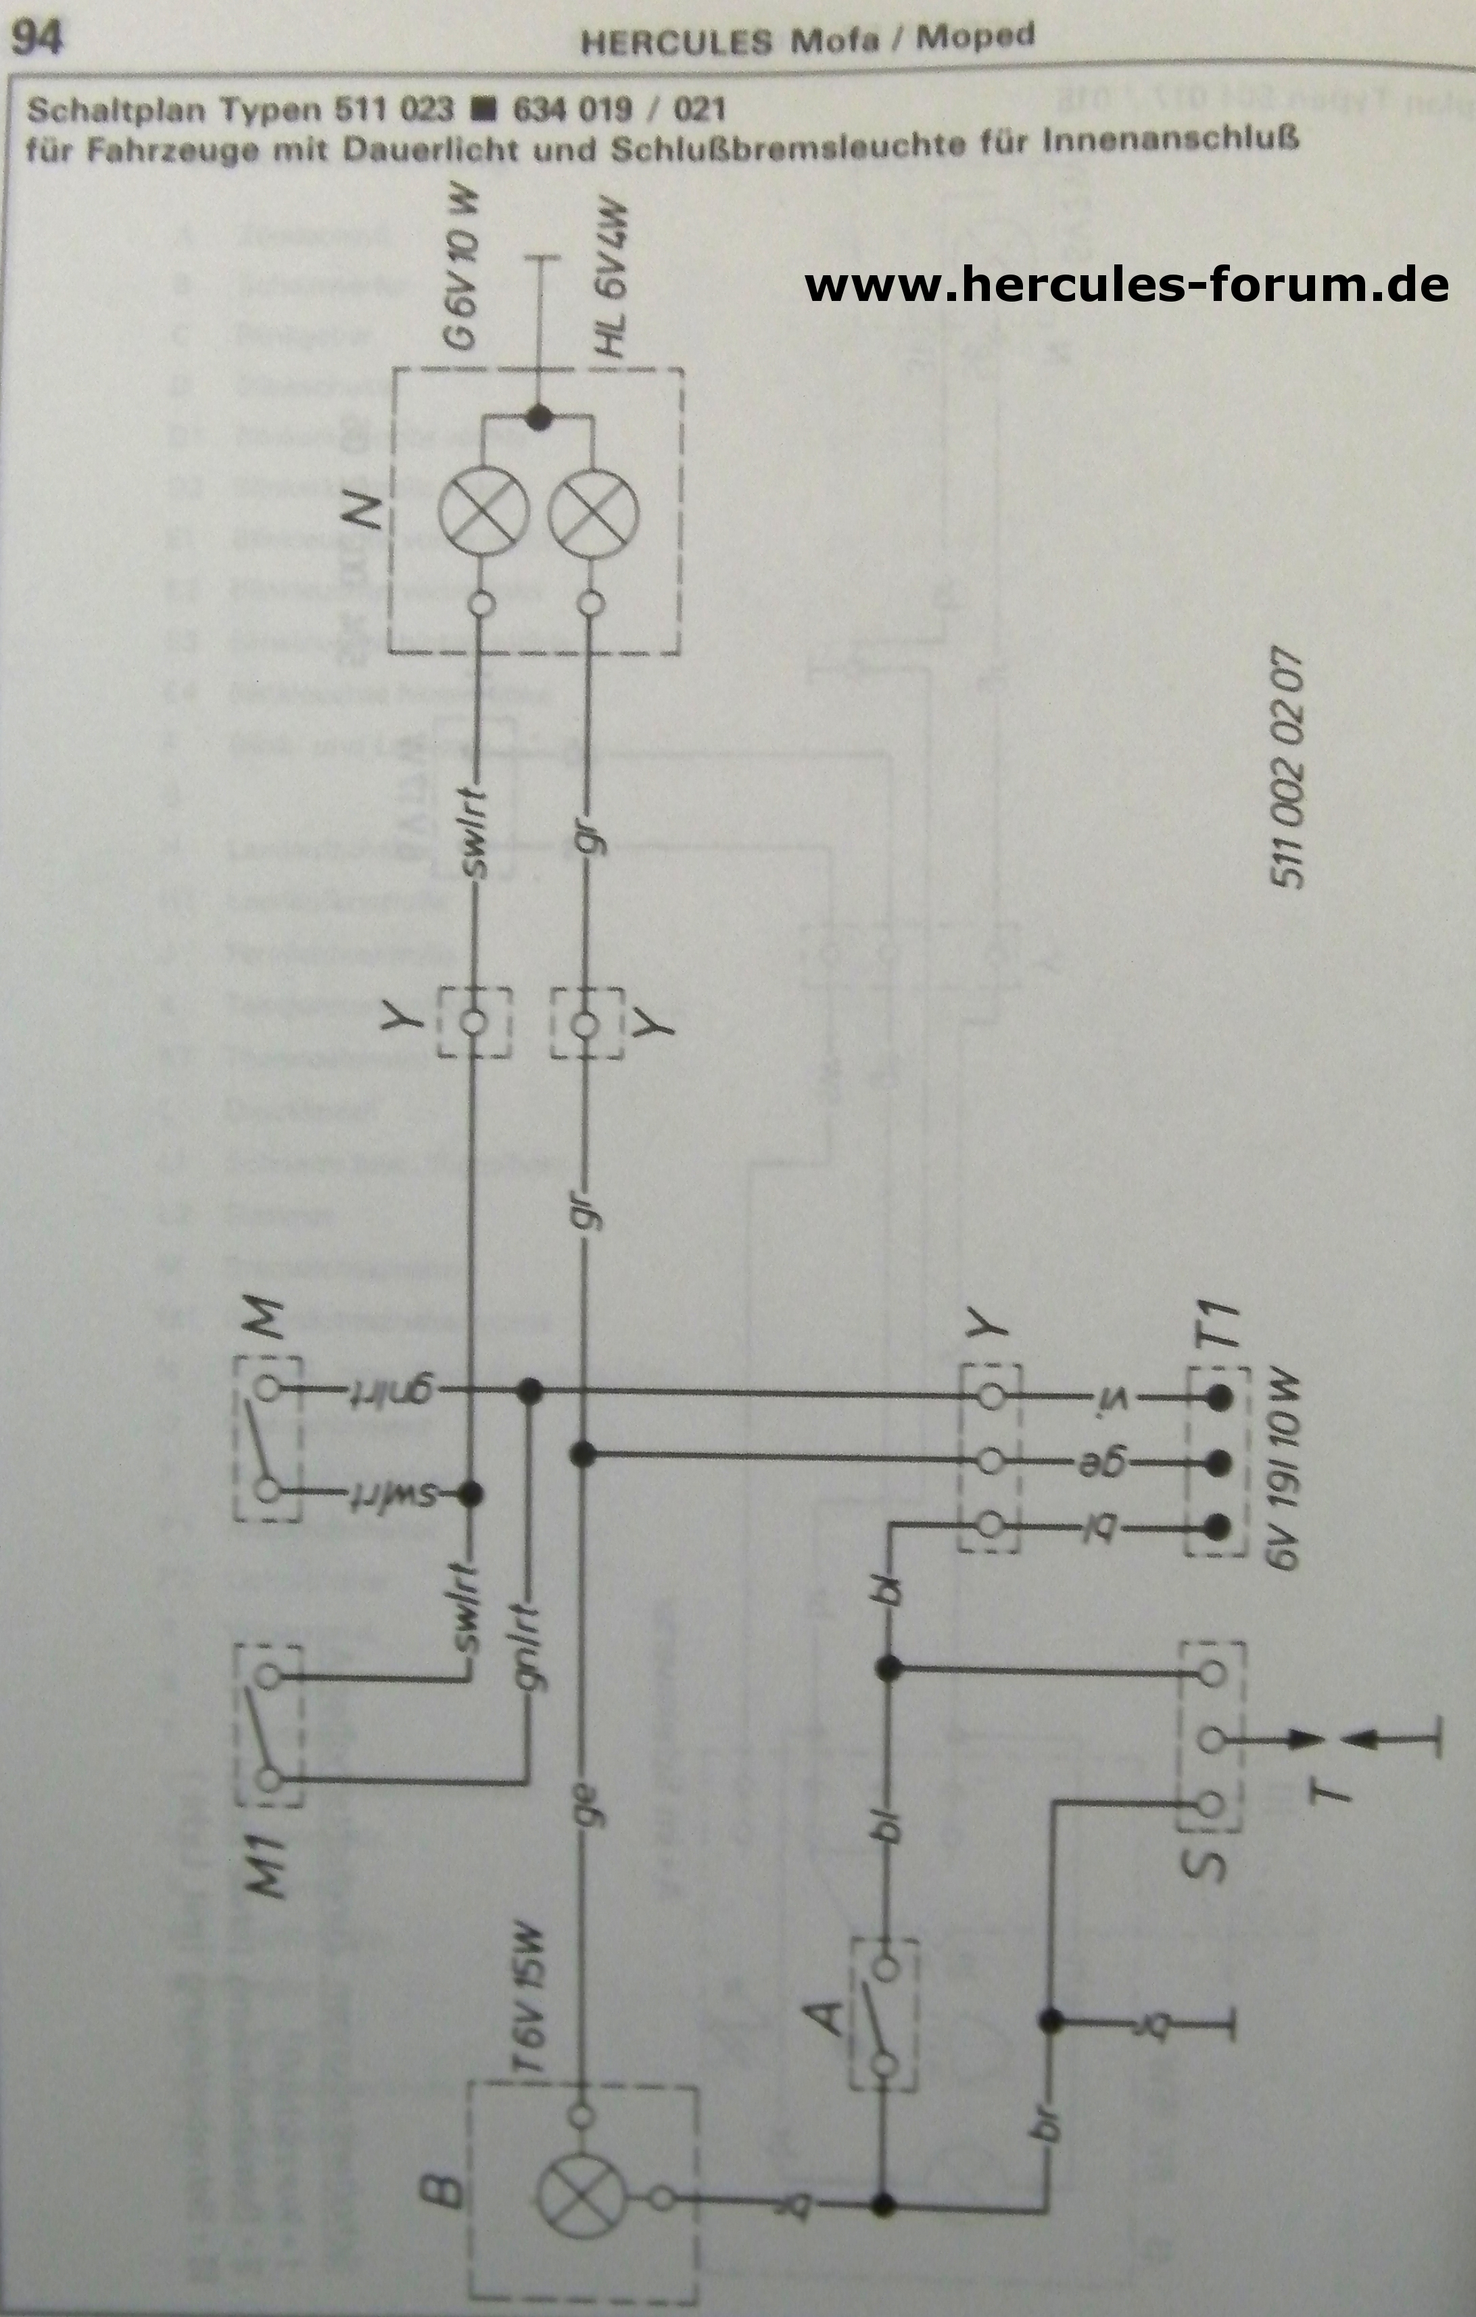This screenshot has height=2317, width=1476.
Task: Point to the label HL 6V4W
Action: [x=613, y=281]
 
